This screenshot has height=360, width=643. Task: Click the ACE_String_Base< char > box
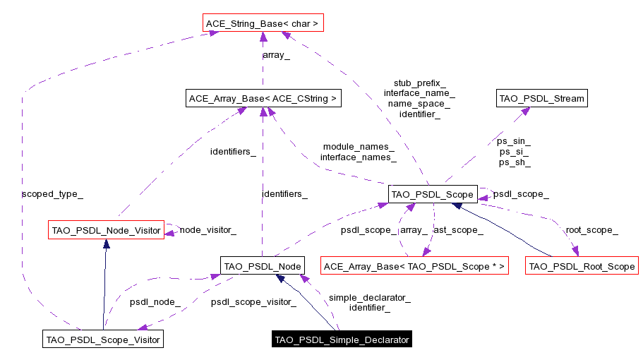pyautogui.click(x=262, y=24)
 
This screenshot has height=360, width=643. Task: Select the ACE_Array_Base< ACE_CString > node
pyautogui.click(x=263, y=98)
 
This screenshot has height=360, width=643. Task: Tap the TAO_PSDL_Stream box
pyautogui.click(x=541, y=98)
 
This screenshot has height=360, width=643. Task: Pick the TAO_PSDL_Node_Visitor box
pyautogui.click(x=105, y=229)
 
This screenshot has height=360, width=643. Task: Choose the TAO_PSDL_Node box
pyautogui.click(x=262, y=266)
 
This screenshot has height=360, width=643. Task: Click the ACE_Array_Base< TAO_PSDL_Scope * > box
pyautogui.click(x=414, y=266)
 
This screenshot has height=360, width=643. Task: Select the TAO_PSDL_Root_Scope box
pyautogui.click(x=582, y=266)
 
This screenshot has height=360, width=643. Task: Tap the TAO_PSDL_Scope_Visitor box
pyautogui.click(x=102, y=340)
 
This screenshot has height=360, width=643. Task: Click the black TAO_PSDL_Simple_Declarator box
pyautogui.click(x=342, y=340)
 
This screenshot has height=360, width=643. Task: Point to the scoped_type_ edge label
pyautogui.click(x=47, y=193)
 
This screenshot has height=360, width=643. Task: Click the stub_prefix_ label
pyautogui.click(x=419, y=83)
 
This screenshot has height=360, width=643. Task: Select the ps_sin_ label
pyautogui.click(x=513, y=141)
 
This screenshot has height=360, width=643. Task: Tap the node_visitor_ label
pyautogui.click(x=208, y=229)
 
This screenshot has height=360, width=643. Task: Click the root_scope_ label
pyautogui.click(x=591, y=229)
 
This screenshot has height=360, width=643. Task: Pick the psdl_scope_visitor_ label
pyautogui.click(x=253, y=302)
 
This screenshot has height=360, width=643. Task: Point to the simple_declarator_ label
pyautogui.click(x=369, y=297)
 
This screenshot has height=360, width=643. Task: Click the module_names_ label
pyautogui.click(x=358, y=146)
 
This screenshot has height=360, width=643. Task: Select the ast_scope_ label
pyautogui.click(x=457, y=229)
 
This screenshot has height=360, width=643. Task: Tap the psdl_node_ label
pyautogui.click(x=155, y=302)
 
